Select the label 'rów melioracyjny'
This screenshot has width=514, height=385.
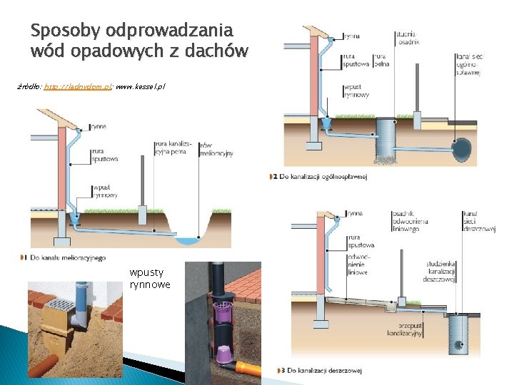[216, 149]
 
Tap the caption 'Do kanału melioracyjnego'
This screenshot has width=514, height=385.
[68, 257]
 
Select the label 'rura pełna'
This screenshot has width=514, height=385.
[381, 60]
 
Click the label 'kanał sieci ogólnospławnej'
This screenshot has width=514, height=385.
[468, 63]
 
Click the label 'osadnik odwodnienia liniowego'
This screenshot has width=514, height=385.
[410, 221]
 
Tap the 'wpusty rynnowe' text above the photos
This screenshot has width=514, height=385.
[150, 279]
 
